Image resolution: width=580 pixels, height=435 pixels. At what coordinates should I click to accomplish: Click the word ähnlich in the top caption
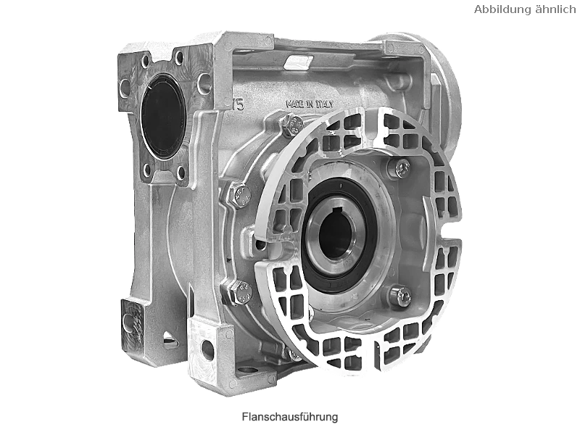(557, 9)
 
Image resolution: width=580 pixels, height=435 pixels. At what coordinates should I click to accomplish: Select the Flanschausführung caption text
(290, 417)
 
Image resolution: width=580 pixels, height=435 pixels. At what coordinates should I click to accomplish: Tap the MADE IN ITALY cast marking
(310, 104)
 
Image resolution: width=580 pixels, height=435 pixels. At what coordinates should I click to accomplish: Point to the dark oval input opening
(163, 116)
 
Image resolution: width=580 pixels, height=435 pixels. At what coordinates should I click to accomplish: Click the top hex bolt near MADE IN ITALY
(292, 126)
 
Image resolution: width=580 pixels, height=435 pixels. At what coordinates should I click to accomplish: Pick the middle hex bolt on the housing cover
(240, 196)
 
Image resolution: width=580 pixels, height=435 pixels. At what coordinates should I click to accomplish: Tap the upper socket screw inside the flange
(401, 167)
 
